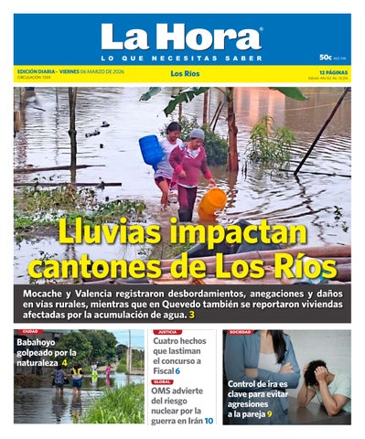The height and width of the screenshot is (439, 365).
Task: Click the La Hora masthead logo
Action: (181, 37)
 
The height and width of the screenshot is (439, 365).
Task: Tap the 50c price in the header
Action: (325, 57)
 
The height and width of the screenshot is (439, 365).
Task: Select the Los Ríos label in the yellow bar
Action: (185, 72)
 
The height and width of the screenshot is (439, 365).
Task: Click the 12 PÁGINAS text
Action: (335, 71)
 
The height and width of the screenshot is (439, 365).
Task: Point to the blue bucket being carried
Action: (151, 149)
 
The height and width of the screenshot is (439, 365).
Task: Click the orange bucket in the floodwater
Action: (211, 202)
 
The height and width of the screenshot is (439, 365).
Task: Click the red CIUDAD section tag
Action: (30, 332)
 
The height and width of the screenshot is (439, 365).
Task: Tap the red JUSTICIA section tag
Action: (166, 332)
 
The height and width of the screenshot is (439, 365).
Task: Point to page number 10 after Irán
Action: (209, 421)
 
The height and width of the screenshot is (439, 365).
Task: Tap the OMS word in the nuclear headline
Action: (163, 391)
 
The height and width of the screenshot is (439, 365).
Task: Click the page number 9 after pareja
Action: (269, 414)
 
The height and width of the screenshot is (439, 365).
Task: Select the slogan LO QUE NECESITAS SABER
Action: (181, 58)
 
